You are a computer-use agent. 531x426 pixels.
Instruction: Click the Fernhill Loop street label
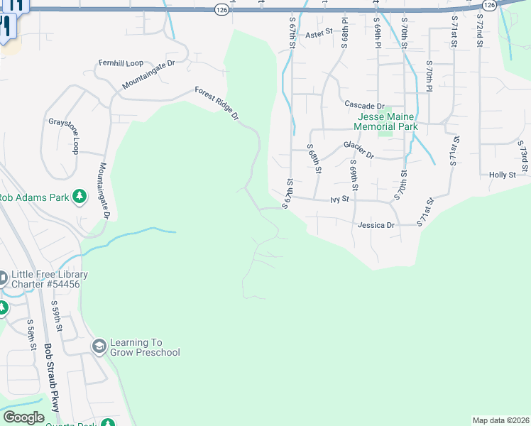121,62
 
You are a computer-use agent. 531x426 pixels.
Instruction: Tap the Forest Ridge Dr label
218,104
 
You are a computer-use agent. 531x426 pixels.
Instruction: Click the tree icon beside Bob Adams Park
80,197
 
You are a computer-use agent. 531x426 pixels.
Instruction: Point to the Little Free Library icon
3,276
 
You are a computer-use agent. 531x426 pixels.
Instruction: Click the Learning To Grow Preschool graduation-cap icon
99,346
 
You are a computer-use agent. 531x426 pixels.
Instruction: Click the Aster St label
319,34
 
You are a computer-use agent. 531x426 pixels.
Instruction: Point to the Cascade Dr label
364,105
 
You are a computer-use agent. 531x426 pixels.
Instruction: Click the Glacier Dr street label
358,148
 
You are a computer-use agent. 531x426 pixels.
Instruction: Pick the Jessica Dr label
376,224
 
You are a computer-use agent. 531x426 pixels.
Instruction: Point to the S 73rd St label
522,156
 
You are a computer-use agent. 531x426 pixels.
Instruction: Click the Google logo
23,417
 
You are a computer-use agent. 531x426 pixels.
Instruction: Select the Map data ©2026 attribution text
500,420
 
